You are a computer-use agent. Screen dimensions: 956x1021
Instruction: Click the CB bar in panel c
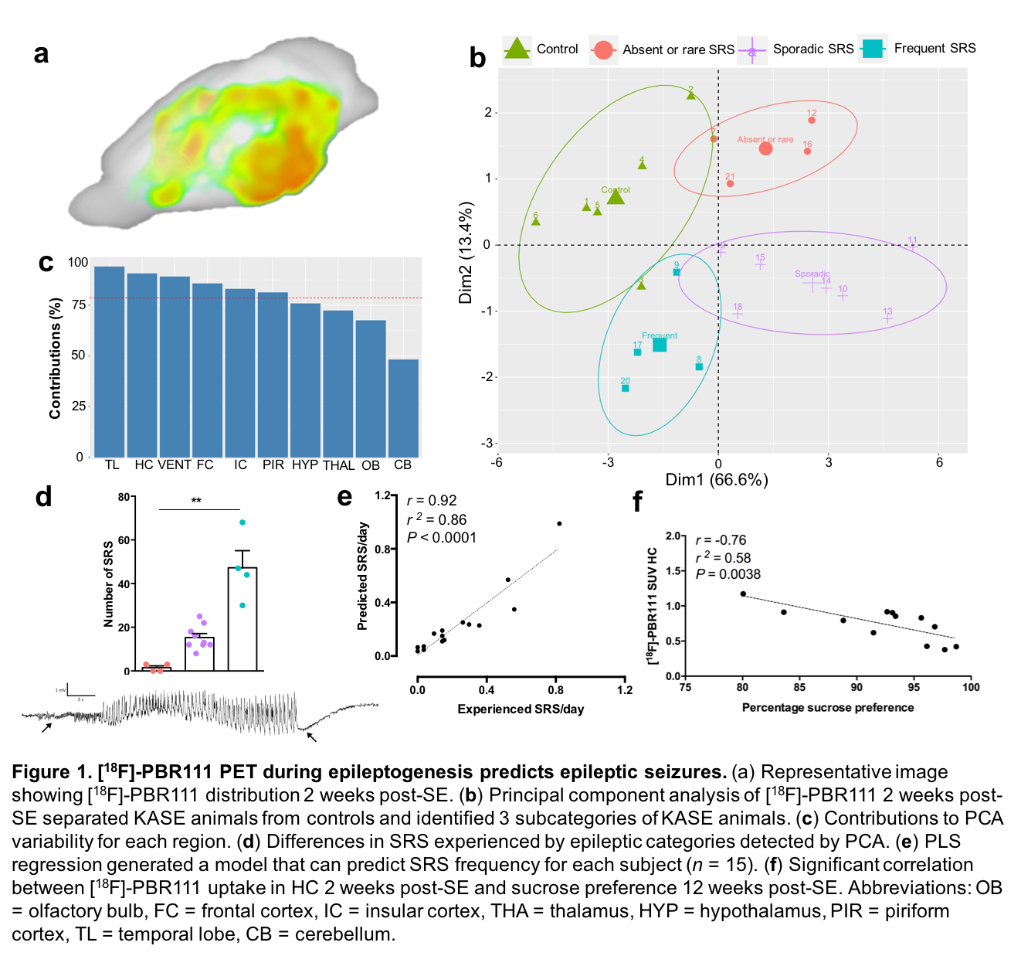(x=403, y=408)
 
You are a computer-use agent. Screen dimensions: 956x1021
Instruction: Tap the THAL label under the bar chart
(x=338, y=465)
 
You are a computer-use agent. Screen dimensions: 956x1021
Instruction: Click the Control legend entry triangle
(x=517, y=49)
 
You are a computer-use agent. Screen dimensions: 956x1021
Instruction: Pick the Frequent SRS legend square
(x=873, y=48)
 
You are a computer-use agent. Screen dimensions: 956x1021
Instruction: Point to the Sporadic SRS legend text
(x=813, y=49)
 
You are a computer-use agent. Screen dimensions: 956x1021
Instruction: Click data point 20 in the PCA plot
(x=626, y=388)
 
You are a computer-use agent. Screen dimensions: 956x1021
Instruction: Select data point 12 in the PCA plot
(x=812, y=120)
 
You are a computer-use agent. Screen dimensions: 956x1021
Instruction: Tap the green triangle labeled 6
(x=536, y=222)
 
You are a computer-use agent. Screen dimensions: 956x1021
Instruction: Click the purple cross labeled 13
(x=887, y=318)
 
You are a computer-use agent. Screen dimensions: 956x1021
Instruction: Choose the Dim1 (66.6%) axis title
(x=717, y=480)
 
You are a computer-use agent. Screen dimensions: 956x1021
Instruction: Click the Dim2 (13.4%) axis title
(x=466, y=253)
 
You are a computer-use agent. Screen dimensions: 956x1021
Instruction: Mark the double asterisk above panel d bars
(x=197, y=501)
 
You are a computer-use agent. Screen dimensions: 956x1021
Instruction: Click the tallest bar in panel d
(x=243, y=618)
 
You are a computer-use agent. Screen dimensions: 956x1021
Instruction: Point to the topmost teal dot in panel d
(x=243, y=522)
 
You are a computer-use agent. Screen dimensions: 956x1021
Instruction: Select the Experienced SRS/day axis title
(x=521, y=709)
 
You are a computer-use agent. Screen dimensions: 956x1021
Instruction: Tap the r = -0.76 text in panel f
(x=721, y=540)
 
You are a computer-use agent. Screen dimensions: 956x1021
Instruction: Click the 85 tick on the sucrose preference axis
(x=799, y=687)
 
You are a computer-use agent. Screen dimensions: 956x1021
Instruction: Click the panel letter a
(x=42, y=54)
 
